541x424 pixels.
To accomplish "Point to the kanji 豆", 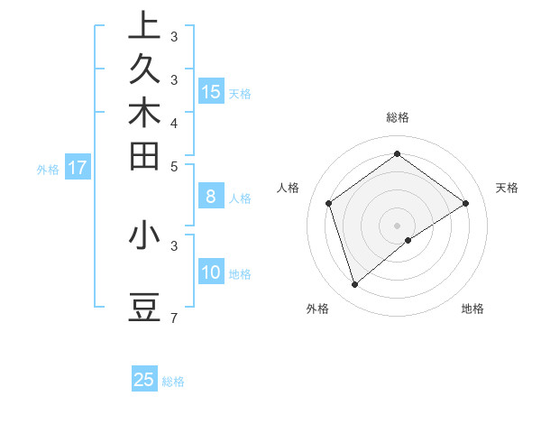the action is [x=144, y=309].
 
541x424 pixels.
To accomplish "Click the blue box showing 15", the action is [x=211, y=91].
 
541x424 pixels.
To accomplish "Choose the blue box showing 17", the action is [x=78, y=167].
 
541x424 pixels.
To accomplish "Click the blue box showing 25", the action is [x=144, y=380].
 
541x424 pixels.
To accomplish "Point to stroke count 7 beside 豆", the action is [x=173, y=318].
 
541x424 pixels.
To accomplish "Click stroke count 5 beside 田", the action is [x=173, y=166].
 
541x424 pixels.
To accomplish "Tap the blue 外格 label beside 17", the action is [x=48, y=169].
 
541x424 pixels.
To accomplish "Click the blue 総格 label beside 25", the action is [x=173, y=382].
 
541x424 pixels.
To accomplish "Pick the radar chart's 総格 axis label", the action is [x=397, y=117].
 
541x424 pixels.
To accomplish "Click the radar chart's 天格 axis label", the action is [x=507, y=188].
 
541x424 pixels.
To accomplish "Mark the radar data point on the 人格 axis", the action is [x=328, y=203].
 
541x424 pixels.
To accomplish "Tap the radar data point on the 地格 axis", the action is [x=408, y=240].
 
